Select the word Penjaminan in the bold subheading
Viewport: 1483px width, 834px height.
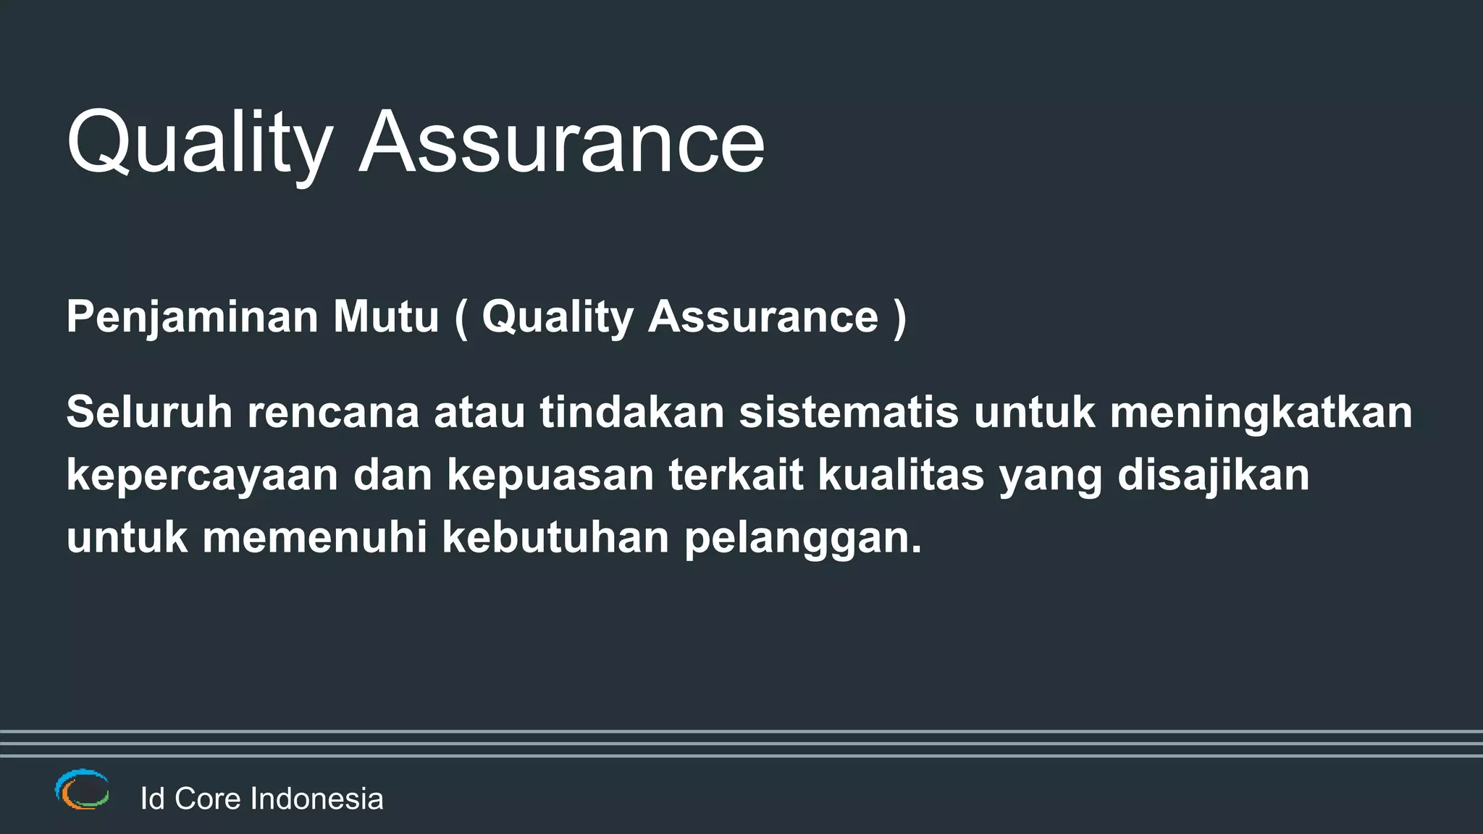click(x=192, y=317)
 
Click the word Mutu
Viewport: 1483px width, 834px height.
click(x=386, y=317)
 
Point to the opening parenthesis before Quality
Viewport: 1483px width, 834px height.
click(x=461, y=317)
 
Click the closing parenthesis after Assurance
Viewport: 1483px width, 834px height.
click(x=899, y=317)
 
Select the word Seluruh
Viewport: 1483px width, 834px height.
click(x=149, y=412)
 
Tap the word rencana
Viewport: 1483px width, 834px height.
click(x=333, y=412)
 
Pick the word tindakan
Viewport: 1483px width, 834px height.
click(x=631, y=412)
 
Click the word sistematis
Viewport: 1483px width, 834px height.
click(x=849, y=412)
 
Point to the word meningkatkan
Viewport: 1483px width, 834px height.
click(x=1261, y=412)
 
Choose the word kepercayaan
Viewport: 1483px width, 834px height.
click(x=202, y=475)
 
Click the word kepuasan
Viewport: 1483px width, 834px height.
click(x=550, y=475)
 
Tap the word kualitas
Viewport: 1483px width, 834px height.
click(x=901, y=475)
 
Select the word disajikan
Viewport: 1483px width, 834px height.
click(x=1213, y=475)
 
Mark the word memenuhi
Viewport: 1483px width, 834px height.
click(x=314, y=537)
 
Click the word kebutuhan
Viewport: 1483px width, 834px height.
click(x=555, y=537)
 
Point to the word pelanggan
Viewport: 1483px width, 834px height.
click(x=803, y=539)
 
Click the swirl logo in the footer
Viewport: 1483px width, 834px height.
click(x=82, y=789)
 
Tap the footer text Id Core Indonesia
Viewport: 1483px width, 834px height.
click(x=261, y=799)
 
